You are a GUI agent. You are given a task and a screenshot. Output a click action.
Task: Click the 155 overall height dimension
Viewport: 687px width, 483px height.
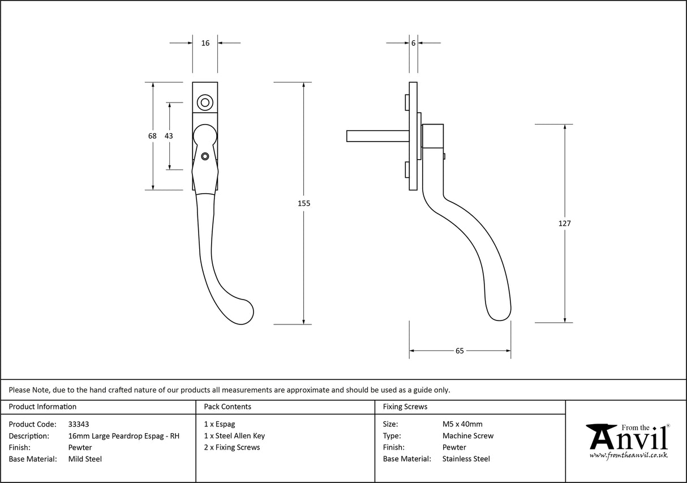tap(304, 203)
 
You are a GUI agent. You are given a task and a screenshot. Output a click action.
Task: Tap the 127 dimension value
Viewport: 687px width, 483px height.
tap(564, 223)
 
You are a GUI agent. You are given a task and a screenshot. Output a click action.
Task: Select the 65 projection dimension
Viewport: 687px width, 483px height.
tap(460, 351)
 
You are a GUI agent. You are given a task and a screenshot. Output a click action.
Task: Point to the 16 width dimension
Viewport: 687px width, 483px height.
tap(205, 43)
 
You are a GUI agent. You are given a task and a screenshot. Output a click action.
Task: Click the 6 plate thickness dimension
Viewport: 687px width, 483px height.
tap(414, 43)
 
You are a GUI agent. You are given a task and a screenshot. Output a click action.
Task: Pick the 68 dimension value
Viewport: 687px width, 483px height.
tap(152, 136)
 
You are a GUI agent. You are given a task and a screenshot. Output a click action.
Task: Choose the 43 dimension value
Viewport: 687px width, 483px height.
tap(169, 136)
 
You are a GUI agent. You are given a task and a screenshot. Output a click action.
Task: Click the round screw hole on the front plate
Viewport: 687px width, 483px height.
tap(205, 102)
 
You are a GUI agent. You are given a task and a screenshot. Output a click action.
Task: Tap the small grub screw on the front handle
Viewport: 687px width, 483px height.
tap(205, 156)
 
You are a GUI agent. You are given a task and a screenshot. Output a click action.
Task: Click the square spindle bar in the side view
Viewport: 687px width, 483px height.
tap(376, 136)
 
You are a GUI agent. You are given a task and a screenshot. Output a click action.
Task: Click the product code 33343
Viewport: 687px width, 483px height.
tap(78, 424)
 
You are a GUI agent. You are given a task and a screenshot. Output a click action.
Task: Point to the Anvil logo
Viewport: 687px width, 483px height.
tap(627, 439)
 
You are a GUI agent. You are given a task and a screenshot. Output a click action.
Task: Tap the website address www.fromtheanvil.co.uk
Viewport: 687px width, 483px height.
tap(628, 455)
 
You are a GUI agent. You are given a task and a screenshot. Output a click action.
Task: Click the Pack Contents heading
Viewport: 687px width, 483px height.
tap(227, 407)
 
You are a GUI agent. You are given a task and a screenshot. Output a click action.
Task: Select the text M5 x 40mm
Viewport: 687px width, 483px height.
tap(462, 424)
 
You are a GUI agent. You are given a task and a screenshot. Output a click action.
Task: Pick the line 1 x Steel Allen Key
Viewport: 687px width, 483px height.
tap(234, 436)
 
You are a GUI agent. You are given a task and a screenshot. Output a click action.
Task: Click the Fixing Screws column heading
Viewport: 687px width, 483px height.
tap(405, 407)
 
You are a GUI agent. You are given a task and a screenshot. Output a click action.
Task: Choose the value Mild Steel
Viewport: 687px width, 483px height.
tap(85, 459)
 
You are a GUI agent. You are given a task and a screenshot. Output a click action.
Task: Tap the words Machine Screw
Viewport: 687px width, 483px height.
tap(467, 436)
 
